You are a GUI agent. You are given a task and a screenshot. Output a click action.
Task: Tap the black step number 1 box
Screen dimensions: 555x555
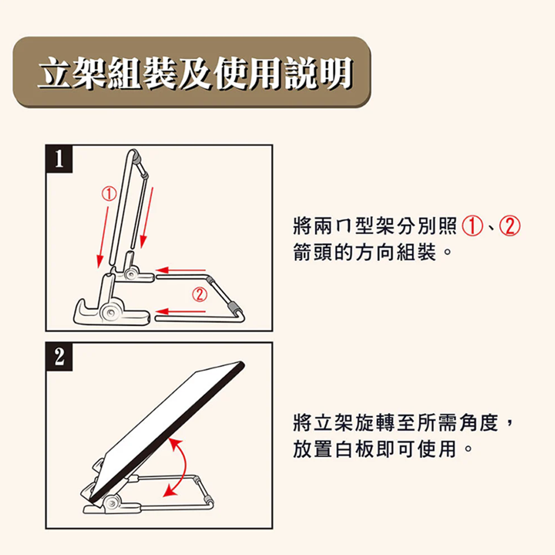point(59,159)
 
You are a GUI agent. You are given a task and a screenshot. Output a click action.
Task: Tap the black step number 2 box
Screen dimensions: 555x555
point(59,356)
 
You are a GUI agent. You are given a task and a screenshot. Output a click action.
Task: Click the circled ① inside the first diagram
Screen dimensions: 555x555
point(109,194)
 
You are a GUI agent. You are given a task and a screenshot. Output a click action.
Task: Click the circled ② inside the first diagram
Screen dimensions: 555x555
point(200,295)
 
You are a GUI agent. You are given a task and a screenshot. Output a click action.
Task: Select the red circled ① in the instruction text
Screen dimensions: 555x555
point(472,226)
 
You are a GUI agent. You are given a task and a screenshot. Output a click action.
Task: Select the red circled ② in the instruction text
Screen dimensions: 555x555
point(509,226)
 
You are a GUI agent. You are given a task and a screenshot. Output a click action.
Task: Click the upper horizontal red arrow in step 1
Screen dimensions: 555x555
point(180,271)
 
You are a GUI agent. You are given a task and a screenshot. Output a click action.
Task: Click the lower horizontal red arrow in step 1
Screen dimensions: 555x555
point(180,311)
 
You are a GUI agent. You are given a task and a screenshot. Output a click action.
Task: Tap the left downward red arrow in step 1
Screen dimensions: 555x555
point(103,237)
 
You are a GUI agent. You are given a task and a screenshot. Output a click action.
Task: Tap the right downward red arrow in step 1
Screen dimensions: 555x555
point(147,218)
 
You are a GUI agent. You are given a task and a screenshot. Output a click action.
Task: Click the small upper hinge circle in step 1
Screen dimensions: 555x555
point(132,274)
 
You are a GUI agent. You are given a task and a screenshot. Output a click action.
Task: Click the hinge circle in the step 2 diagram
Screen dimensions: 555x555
point(113,502)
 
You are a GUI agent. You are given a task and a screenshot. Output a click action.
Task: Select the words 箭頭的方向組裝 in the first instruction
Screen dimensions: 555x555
point(364,253)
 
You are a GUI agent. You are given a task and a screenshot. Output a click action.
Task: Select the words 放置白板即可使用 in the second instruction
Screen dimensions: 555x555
point(375,449)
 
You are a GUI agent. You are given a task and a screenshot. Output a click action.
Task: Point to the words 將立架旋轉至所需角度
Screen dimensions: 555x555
point(395,422)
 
